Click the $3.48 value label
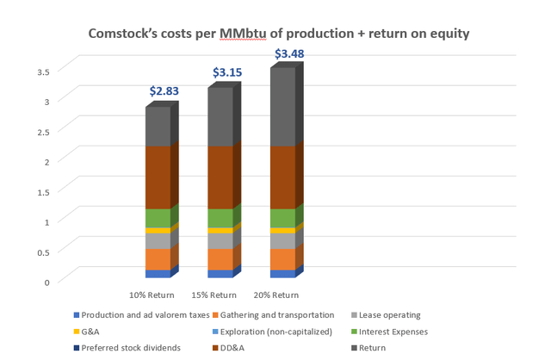pos(289,54)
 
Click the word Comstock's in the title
pos(127,34)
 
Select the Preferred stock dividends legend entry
pos(130,347)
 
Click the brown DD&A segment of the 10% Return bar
pos(158,177)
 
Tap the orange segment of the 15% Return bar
pos(220,259)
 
